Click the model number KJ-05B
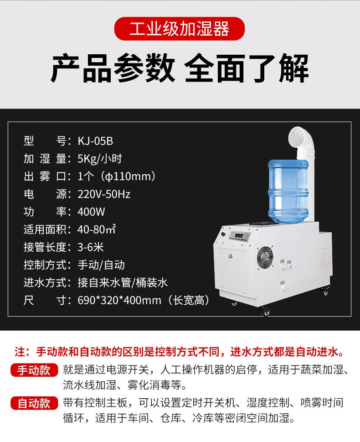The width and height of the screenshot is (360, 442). click(x=95, y=141)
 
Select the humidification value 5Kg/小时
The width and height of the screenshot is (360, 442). click(x=100, y=159)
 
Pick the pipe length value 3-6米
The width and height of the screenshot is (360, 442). click(x=91, y=247)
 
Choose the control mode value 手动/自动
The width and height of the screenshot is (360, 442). click(x=101, y=265)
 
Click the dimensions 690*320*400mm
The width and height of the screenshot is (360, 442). click(x=119, y=300)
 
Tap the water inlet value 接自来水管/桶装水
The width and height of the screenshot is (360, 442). click(x=123, y=283)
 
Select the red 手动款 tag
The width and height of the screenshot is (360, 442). click(x=34, y=370)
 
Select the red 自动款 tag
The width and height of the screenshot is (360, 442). click(x=34, y=404)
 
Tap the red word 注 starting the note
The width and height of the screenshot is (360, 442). click(x=20, y=352)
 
